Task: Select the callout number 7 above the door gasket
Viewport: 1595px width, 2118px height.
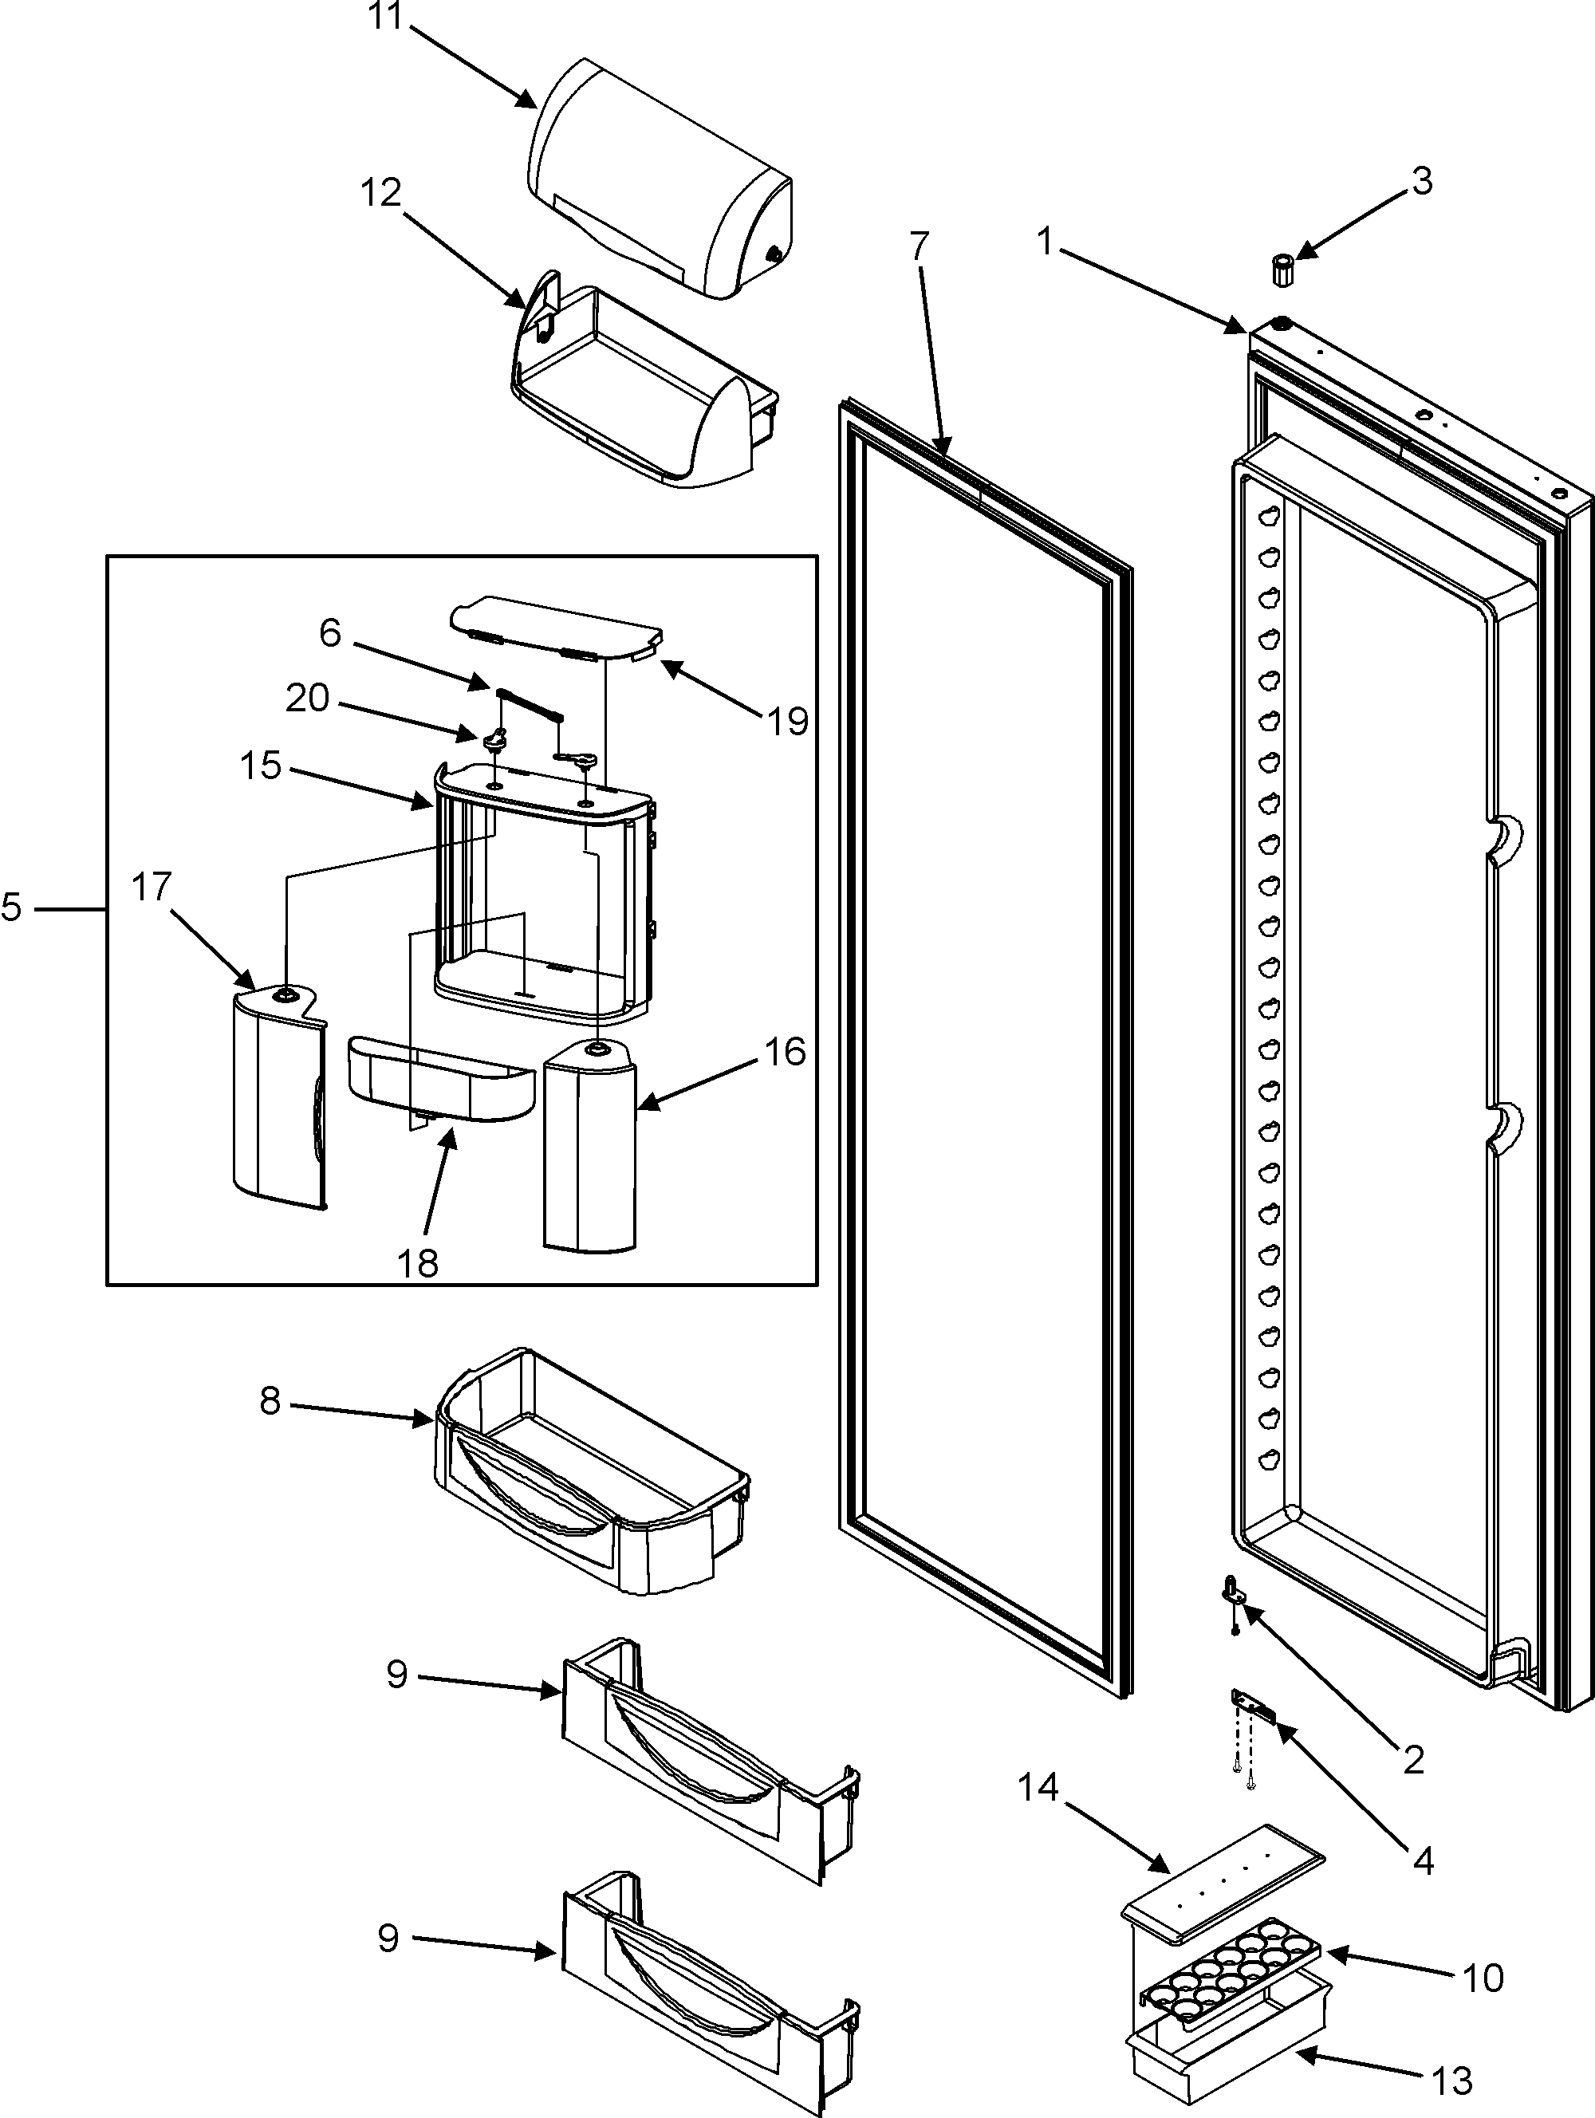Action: coord(918,247)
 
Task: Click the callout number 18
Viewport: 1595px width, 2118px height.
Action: coord(419,1263)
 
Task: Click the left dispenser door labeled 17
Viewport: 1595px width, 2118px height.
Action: coord(278,1101)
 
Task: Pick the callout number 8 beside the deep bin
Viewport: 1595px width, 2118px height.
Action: coord(270,1402)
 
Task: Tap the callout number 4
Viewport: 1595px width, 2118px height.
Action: coord(1424,1860)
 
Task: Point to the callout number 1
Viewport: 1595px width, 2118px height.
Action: coord(1046,243)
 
